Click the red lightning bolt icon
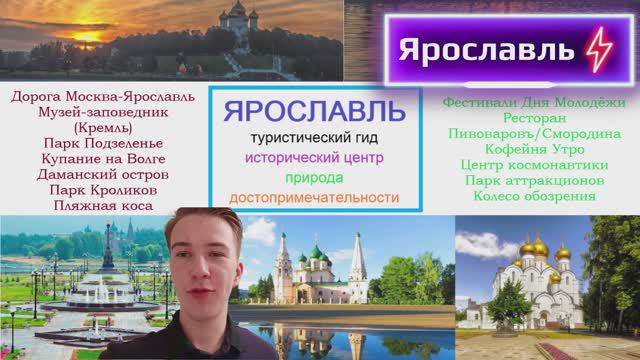pyautogui.click(x=595, y=48)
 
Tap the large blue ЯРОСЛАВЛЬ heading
pyautogui.click(x=314, y=109)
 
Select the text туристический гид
pyautogui.click(x=314, y=137)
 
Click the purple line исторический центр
pyautogui.click(x=314, y=158)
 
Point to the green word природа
pyautogui.click(x=314, y=178)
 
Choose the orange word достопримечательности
pyautogui.click(x=314, y=198)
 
